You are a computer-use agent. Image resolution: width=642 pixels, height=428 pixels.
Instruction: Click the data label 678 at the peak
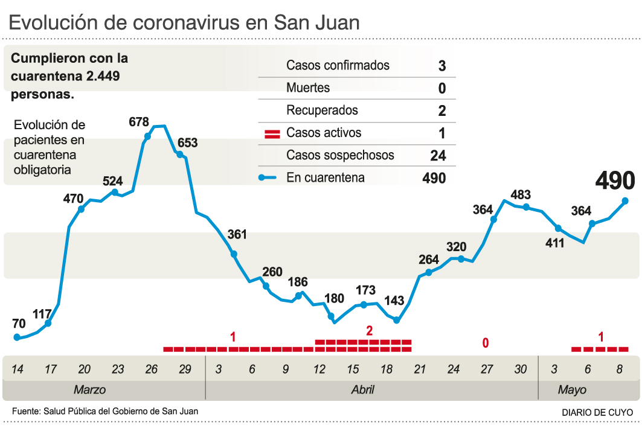[139, 122]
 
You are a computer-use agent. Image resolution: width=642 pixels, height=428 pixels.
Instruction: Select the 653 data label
[187, 143]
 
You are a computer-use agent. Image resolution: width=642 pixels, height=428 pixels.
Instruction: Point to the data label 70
[19, 323]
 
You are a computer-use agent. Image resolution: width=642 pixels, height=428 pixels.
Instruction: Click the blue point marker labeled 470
[81, 209]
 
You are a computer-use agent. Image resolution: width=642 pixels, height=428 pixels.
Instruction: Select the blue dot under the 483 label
[526, 207]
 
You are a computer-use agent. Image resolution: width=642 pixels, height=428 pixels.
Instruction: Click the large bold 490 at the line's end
[615, 180]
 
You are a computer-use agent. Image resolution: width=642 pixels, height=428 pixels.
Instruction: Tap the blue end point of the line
[625, 201]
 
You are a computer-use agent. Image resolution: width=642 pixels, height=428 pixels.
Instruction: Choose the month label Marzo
[89, 390]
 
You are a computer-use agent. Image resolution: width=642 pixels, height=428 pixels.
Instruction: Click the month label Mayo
[571, 390]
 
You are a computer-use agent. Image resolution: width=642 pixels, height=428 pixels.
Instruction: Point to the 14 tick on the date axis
[18, 369]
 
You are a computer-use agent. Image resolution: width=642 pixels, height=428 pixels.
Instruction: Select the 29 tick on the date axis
[185, 369]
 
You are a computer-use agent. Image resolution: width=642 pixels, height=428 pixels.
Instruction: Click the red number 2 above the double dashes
[369, 331]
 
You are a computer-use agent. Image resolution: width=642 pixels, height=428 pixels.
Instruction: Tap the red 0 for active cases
[485, 343]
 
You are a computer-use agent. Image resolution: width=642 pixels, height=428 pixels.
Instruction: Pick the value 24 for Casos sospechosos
[438, 156]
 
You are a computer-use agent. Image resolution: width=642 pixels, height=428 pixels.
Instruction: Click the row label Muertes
[308, 88]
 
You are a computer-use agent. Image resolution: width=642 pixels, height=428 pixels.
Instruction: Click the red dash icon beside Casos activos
[272, 133]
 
